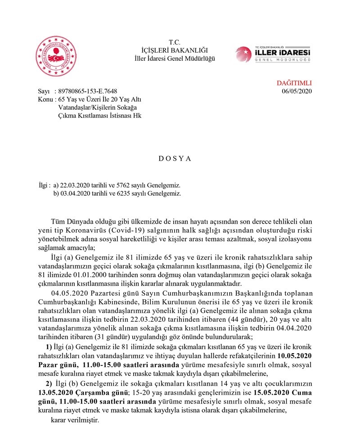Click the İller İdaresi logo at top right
tap(279, 54)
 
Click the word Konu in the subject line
tap(45, 99)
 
